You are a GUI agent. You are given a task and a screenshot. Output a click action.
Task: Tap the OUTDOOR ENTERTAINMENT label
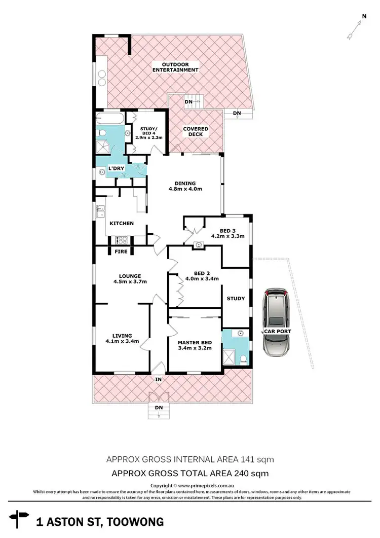[x=176, y=66]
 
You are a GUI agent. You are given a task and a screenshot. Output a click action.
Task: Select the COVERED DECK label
[x=196, y=131]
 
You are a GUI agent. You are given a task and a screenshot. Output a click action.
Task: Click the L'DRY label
[x=117, y=168]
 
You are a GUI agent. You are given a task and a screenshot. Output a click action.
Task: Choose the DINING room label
[x=185, y=186]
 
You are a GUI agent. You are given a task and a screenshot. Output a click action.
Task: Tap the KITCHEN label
[x=122, y=223]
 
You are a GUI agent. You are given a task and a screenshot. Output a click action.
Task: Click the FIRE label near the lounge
[x=121, y=251]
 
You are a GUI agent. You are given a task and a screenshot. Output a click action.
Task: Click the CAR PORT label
[x=276, y=332]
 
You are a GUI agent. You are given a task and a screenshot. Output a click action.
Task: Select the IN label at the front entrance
[x=159, y=379]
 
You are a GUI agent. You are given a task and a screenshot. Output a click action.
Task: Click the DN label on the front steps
[x=159, y=407]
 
